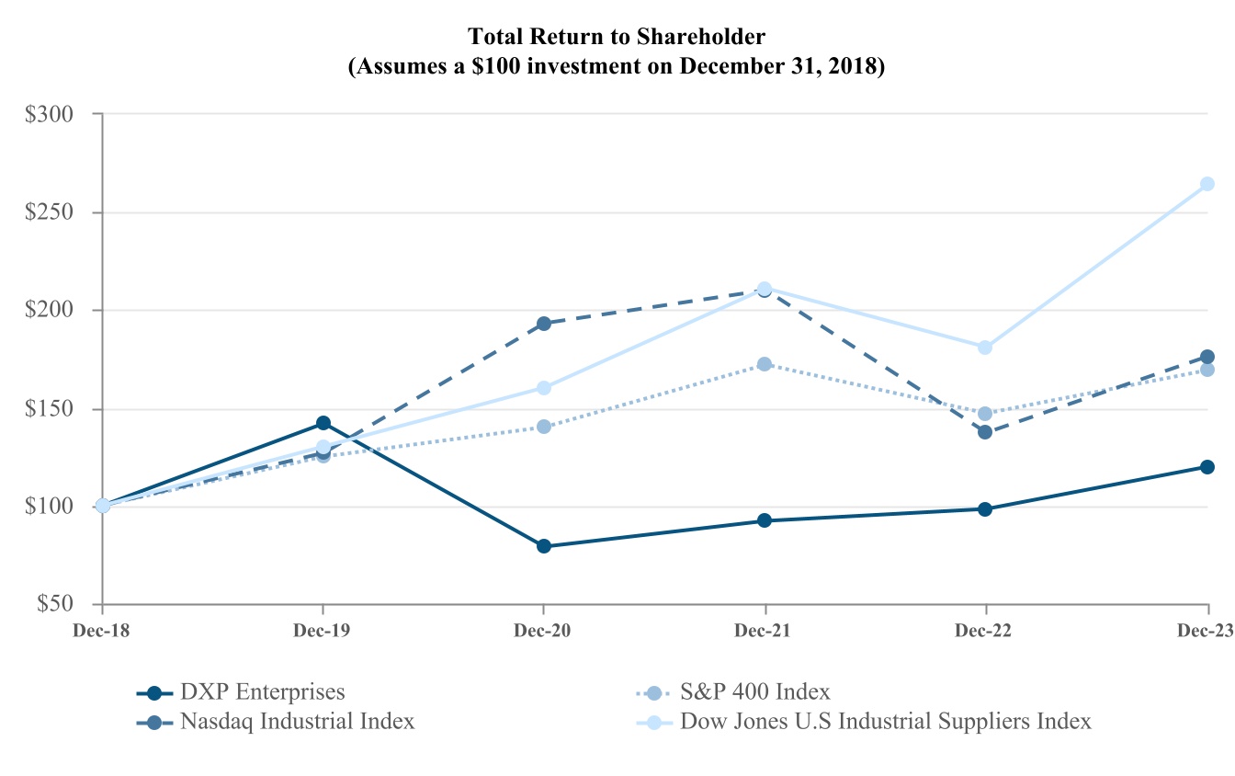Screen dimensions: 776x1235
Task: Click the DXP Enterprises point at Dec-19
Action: point(323,423)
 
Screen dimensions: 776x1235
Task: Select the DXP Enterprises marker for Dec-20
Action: point(544,546)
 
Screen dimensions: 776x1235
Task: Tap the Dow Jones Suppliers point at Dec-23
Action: point(1207,184)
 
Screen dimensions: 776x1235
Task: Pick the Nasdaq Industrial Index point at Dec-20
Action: point(544,324)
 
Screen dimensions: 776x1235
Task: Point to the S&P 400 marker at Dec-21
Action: point(765,364)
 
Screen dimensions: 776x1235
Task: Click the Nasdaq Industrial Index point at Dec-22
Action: point(985,432)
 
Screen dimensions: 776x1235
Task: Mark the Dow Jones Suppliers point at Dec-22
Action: point(985,348)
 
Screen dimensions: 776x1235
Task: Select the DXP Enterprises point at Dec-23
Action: point(1207,467)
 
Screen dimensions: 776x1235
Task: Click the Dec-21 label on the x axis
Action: point(765,631)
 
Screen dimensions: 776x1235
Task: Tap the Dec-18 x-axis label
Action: point(101,631)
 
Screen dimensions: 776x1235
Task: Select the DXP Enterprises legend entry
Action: point(262,692)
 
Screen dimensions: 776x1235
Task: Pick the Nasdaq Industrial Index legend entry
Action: point(297,721)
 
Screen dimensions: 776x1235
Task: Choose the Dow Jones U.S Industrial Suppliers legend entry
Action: point(886,721)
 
